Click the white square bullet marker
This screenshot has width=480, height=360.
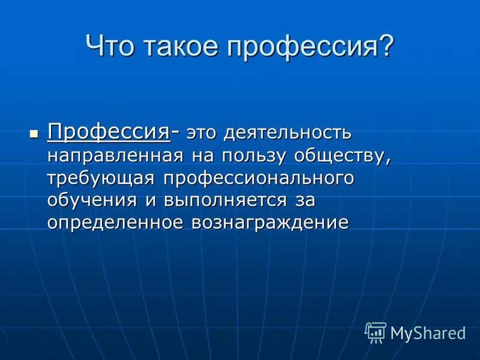[34, 131]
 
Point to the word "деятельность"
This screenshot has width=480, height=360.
[289, 132]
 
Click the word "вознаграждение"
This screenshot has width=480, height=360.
[270, 223]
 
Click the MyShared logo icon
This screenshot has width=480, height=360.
[376, 332]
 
